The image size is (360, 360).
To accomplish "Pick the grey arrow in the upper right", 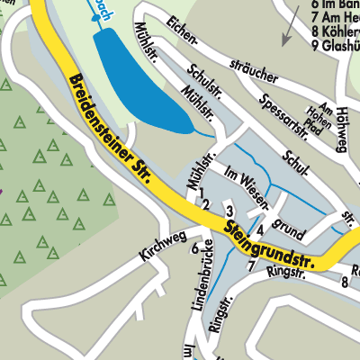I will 290,32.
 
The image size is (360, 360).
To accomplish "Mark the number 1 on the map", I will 203,193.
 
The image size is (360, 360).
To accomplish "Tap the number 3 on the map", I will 230,211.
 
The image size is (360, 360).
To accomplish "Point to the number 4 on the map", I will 259,214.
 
